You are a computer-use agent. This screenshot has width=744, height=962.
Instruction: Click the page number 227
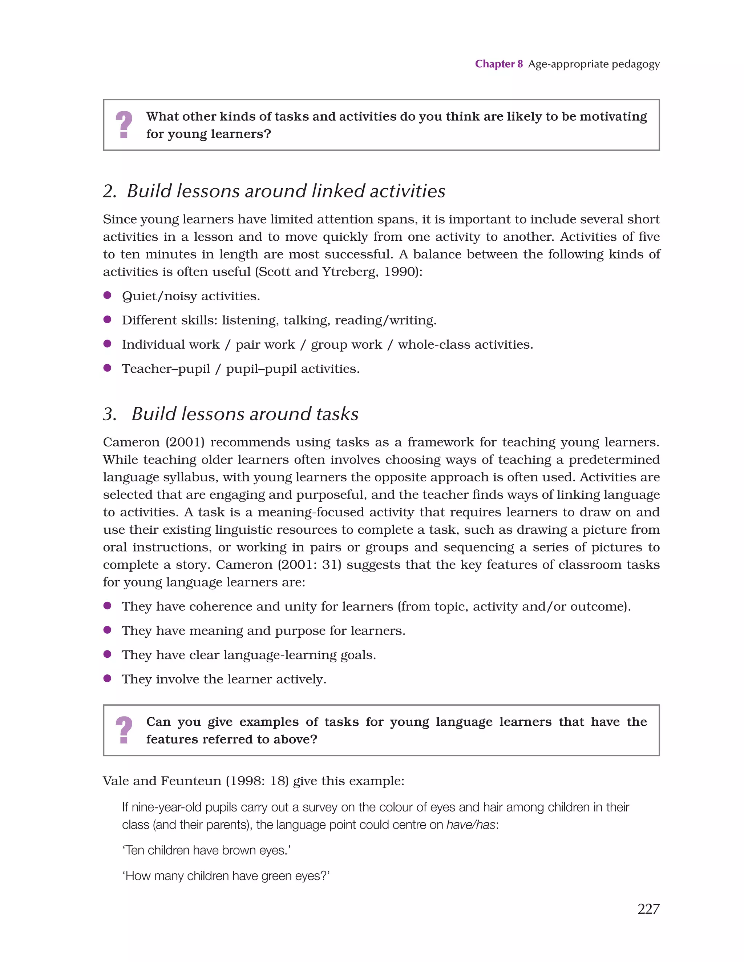click(x=648, y=908)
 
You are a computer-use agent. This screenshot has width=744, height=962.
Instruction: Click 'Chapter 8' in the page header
click(x=498, y=64)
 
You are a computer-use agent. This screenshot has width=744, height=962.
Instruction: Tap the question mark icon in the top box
click(x=124, y=125)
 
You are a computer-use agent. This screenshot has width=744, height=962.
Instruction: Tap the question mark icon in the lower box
click(x=124, y=730)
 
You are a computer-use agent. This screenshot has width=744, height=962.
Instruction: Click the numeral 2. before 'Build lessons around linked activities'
click(x=110, y=192)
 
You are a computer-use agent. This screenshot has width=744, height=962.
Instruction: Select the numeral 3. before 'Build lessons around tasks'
click(x=110, y=414)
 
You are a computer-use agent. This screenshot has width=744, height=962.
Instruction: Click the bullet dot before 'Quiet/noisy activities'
click(x=107, y=295)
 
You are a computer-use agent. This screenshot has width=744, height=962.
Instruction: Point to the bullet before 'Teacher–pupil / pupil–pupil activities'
click(x=107, y=368)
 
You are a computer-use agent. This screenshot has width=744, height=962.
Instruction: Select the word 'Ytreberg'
click(x=349, y=272)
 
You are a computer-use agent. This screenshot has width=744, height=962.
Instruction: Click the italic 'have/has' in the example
click(x=470, y=825)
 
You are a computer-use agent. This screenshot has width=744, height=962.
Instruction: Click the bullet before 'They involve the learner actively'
click(x=107, y=678)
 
